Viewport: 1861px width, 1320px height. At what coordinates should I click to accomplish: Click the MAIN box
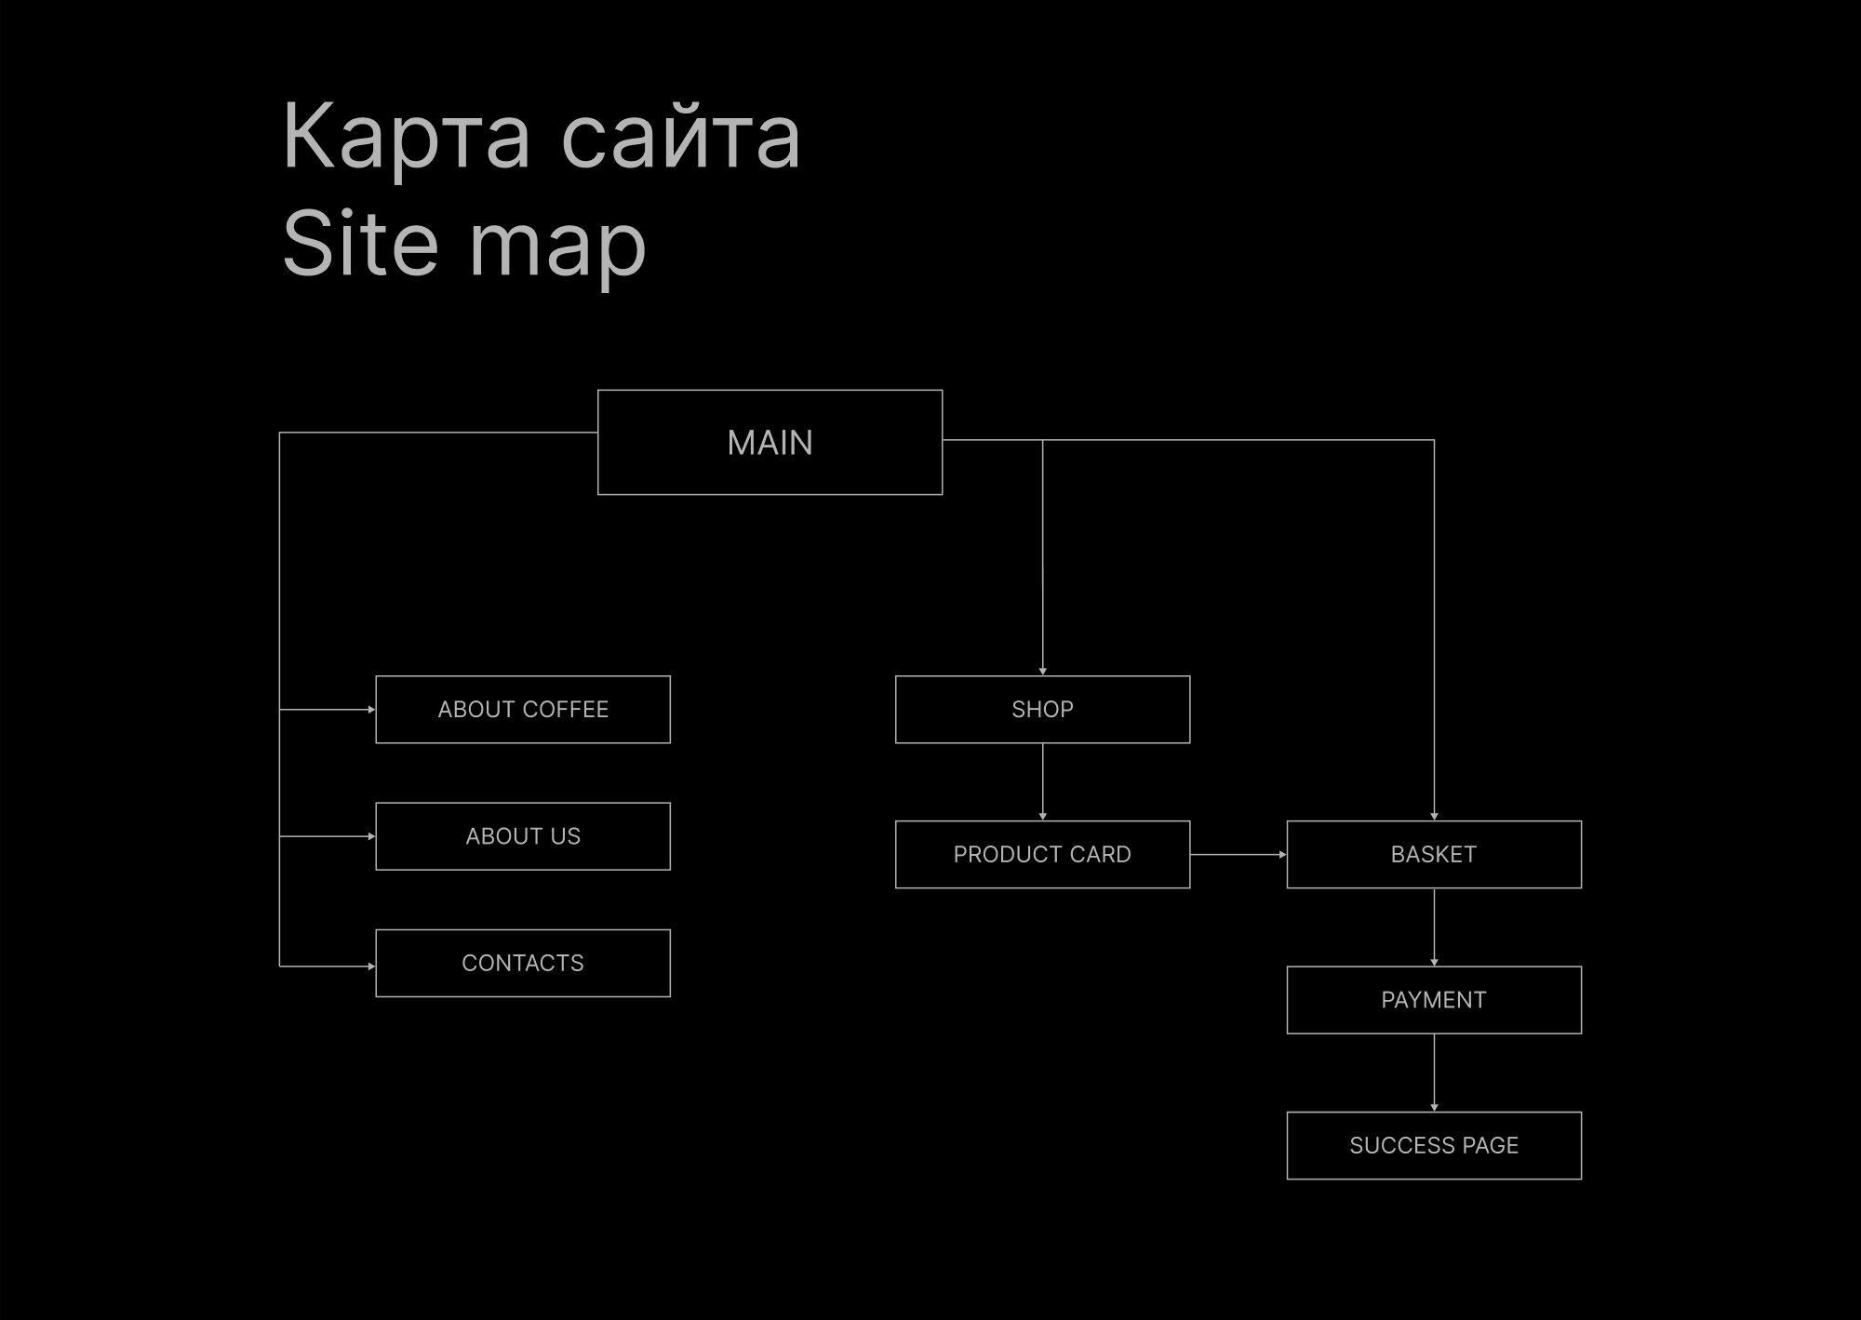[x=770, y=442]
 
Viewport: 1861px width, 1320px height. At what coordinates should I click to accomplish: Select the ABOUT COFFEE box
[x=522, y=709]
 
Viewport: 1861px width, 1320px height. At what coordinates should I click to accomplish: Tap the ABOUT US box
[x=522, y=835]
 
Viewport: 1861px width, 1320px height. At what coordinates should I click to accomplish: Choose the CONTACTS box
[x=522, y=963]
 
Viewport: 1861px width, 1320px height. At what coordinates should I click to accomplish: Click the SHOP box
[x=1042, y=709]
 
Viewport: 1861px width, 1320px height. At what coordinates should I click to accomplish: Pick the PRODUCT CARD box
[x=1042, y=854]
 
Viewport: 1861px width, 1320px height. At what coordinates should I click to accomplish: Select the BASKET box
[x=1433, y=854]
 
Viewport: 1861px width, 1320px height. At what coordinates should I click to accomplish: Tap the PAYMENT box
[x=1433, y=999]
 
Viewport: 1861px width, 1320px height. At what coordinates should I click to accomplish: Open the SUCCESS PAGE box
[x=1433, y=1145]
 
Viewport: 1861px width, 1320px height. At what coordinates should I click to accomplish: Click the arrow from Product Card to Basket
[x=1238, y=854]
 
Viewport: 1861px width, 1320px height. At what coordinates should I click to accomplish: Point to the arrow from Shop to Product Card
[x=1042, y=781]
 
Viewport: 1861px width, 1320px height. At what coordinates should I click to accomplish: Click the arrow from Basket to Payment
[x=1434, y=927]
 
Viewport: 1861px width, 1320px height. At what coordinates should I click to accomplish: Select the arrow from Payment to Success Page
[x=1434, y=1072]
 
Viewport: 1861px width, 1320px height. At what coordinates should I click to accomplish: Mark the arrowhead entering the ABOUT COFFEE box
[x=371, y=709]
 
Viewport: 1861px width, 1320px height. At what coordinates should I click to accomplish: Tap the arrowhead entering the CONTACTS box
[x=371, y=967]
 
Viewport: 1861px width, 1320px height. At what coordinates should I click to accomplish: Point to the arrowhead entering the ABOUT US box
[x=371, y=836]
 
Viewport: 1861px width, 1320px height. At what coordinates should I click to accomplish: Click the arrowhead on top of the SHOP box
[x=1042, y=671]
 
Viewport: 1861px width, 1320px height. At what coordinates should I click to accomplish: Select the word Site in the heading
[x=359, y=244]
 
